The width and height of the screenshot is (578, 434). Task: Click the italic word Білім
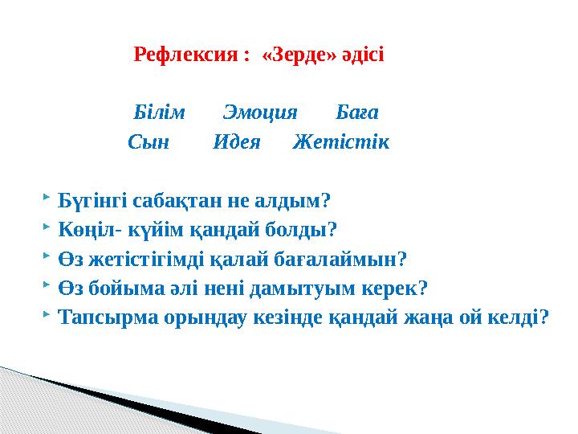point(159,112)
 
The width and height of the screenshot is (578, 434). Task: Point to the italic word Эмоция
point(259,112)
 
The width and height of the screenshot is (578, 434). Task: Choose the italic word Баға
point(357,112)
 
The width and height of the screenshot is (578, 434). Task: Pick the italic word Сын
point(149,142)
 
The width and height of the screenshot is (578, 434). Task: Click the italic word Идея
point(237,142)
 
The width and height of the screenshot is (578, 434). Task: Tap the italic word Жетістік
point(341,142)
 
